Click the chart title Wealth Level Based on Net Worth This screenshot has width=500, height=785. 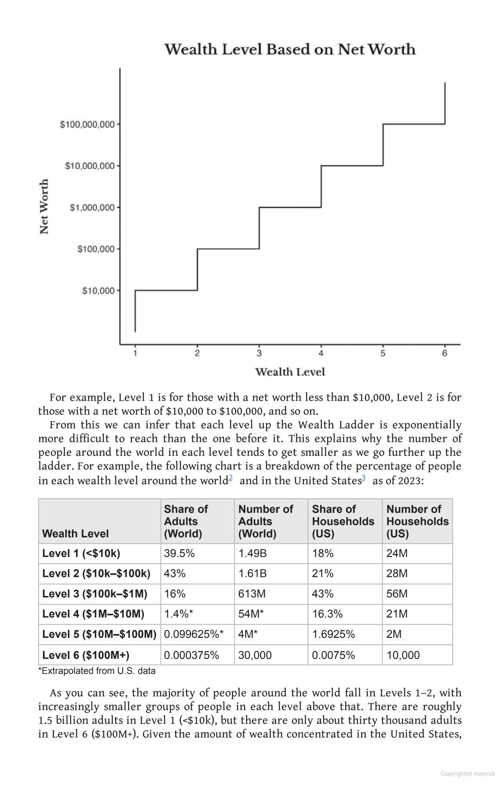pos(289,49)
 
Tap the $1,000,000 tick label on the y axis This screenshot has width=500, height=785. pos(92,207)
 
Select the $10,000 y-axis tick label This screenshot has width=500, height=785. pos(98,291)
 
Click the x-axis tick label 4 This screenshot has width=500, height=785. pos(321,353)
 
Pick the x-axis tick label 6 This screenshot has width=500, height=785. pos(445,353)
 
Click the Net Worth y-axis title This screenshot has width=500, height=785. pos(45,206)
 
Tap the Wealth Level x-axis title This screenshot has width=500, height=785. pos(290,372)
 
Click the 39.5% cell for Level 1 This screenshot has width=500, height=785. pos(179,553)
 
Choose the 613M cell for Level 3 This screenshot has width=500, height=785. pos(252,594)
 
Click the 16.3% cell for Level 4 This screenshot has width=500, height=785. pos(327,614)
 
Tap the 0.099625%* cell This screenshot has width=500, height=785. pos(194,634)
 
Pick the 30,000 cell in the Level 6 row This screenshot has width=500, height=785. pos(255,655)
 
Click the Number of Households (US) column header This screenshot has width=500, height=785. pos(417,521)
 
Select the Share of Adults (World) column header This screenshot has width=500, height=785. pos(186,521)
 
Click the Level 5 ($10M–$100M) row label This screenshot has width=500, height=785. pos(99,634)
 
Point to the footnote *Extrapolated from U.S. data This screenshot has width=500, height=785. pos(97,671)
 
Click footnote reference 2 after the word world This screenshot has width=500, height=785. pos(230,478)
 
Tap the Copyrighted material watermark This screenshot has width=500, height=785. pos(467,774)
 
